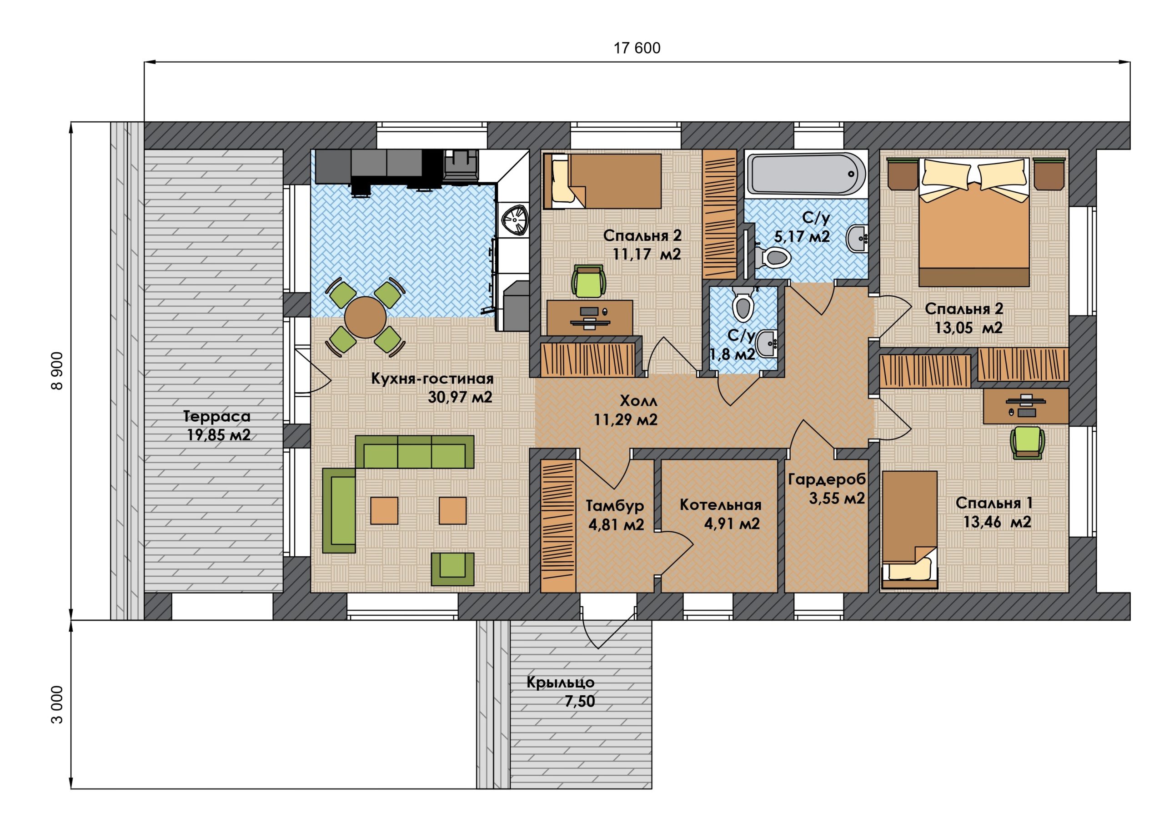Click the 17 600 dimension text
pos(637,48)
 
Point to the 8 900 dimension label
pos(57,371)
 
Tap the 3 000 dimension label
pos(57,704)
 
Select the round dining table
pos(365,317)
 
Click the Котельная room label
pos(720,505)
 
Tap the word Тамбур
pos(615,506)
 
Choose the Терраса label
pos(217,417)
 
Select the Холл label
pos(638,401)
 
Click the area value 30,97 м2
pos(460,397)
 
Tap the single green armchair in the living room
pos(452,569)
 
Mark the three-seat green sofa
pos(414,452)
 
